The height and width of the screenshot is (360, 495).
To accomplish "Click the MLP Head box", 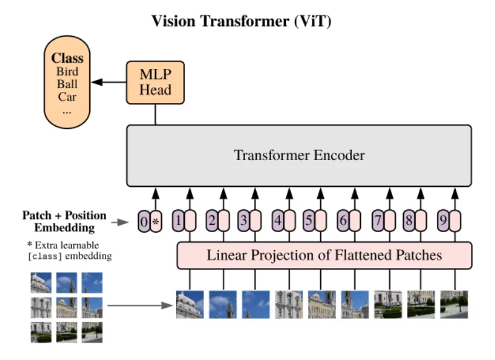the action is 155,83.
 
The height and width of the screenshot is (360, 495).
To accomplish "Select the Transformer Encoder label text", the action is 299,155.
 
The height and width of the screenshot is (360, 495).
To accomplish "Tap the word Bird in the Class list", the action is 67,71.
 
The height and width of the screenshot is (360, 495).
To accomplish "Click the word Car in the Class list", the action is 67,97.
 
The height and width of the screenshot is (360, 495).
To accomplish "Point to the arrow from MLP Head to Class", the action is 109,82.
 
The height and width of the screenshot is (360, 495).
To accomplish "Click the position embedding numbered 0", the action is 144,222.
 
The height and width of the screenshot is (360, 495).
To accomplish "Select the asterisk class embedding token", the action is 156,222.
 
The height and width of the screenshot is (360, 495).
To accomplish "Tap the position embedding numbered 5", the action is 309,220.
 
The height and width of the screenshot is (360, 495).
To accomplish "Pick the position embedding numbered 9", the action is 444,220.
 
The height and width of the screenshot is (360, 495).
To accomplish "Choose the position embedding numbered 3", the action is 243,220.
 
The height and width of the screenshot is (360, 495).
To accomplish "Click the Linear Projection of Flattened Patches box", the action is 324,256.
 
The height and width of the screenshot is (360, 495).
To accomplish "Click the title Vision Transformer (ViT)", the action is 241,21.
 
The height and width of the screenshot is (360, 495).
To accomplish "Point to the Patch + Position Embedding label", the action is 65,221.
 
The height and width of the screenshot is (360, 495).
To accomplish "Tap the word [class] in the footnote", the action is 45,256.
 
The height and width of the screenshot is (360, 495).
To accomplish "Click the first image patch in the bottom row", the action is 190,304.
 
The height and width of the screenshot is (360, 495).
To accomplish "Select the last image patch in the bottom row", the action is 454,304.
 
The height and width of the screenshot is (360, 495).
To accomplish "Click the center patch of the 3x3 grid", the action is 66,308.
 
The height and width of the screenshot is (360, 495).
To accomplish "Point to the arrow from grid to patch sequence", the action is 140,305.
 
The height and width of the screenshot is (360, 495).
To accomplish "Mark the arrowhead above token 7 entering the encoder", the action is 390,193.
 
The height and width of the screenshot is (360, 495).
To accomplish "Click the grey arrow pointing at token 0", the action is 120,222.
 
